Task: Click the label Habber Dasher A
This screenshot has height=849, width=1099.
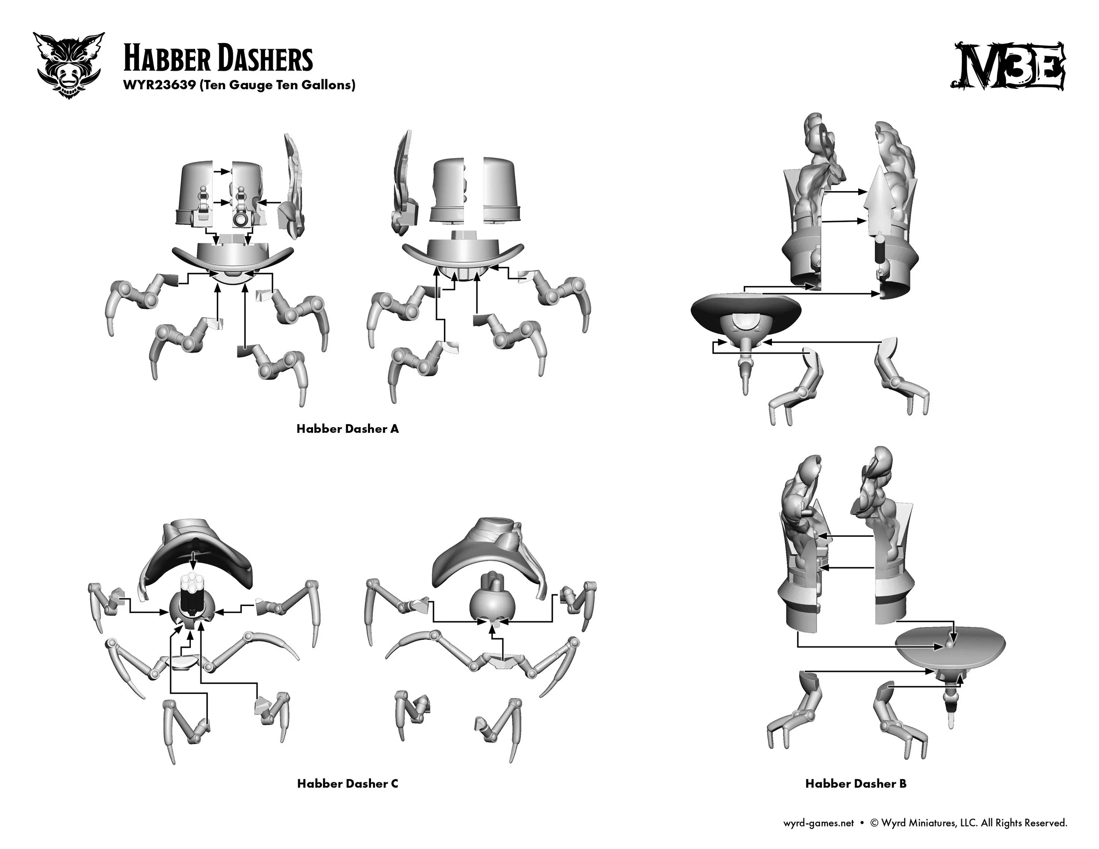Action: pyautogui.click(x=347, y=428)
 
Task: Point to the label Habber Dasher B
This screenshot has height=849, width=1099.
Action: pyautogui.click(x=855, y=784)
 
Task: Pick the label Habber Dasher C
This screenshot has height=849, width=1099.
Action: pyautogui.click(x=347, y=784)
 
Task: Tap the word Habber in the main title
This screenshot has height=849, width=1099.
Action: pyautogui.click(x=159, y=59)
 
